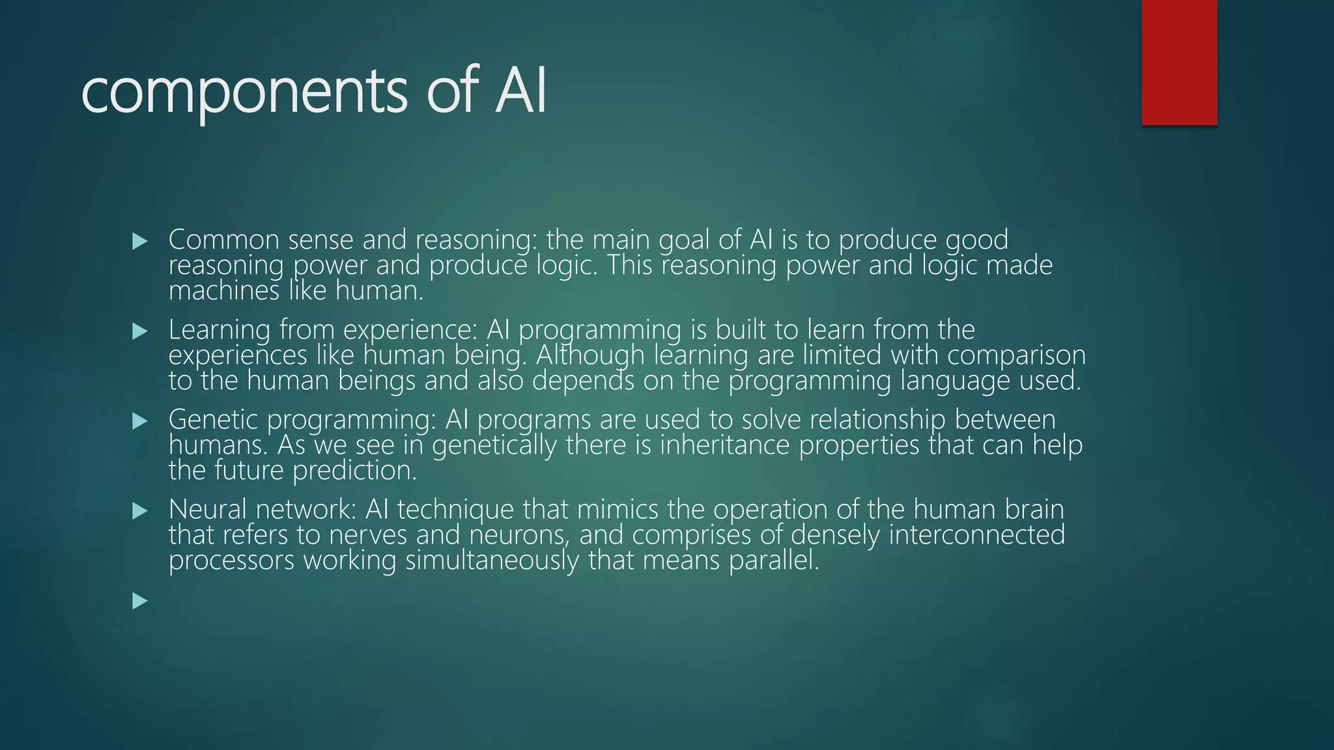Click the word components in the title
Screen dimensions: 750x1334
pyautogui.click(x=244, y=92)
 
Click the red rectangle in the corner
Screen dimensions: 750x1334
pyautogui.click(x=1179, y=62)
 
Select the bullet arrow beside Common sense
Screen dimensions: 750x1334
pyautogui.click(x=140, y=242)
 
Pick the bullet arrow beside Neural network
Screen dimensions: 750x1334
pyautogui.click(x=140, y=511)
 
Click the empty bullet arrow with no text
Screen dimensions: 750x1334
pyautogui.click(x=140, y=601)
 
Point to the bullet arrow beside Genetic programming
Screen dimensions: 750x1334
pyautogui.click(x=140, y=421)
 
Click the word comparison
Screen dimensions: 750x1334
pyautogui.click(x=1016, y=355)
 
